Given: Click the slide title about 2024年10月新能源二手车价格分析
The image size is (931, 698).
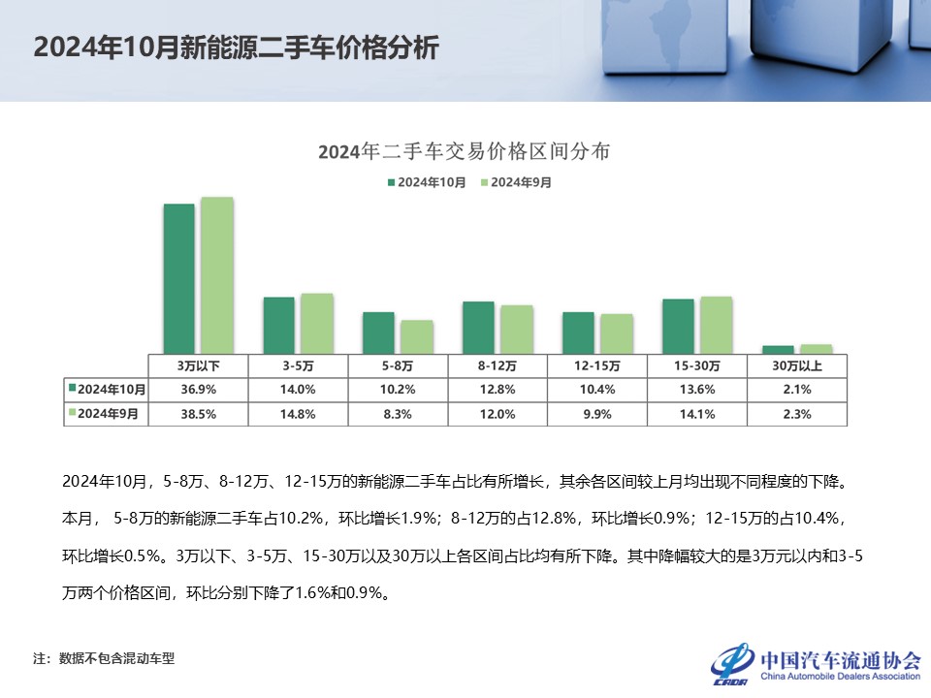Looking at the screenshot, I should (x=236, y=48).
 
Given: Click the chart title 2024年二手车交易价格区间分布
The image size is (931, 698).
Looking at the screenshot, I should (x=464, y=152).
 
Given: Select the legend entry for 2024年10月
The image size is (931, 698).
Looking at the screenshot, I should (x=427, y=181).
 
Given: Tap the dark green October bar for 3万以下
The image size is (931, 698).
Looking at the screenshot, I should (x=179, y=278).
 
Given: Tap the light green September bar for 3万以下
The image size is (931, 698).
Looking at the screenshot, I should (x=216, y=274).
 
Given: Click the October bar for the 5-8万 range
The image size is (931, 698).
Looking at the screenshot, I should (x=378, y=333).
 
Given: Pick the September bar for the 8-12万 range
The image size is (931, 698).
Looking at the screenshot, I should (x=516, y=329).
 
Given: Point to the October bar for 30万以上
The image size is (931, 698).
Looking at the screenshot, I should (x=779, y=349).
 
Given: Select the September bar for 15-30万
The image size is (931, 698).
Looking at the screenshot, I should (x=716, y=325).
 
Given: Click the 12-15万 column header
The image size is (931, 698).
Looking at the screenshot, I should (x=597, y=366).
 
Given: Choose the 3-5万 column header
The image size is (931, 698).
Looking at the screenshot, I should (x=298, y=366).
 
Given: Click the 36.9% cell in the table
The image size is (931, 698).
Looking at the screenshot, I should (x=198, y=390).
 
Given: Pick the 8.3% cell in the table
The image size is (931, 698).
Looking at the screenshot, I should (x=398, y=413).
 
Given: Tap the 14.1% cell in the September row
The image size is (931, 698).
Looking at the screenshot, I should (x=696, y=413).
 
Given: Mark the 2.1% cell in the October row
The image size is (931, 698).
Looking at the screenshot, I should (x=797, y=390).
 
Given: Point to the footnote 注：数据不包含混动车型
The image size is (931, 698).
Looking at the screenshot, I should (x=104, y=658).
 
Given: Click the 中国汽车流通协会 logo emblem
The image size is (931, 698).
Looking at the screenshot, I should (x=732, y=662).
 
